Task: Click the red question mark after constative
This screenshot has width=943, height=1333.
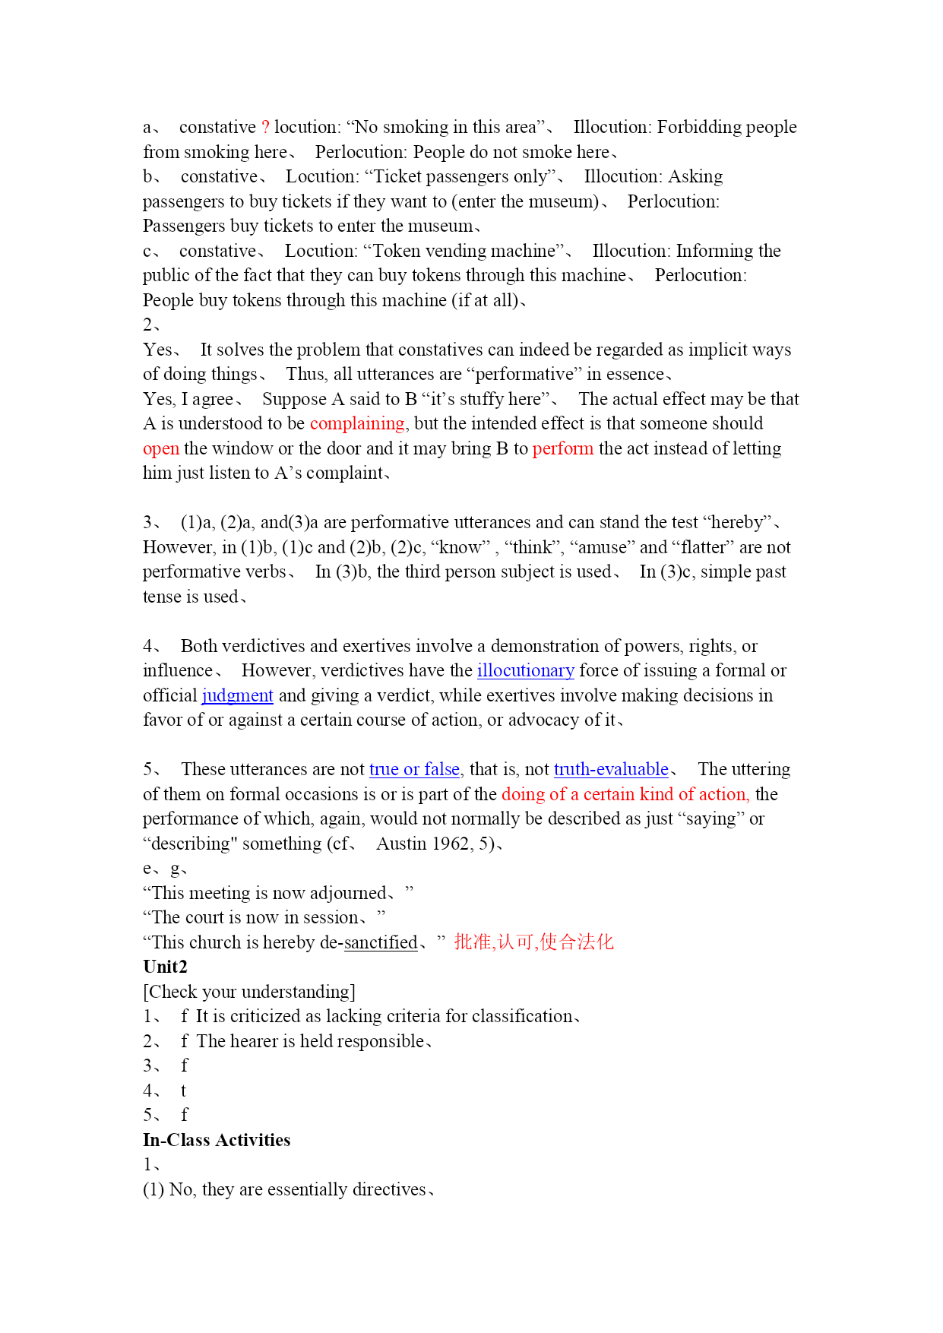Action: coord(265,127)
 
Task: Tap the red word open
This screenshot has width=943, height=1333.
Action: coord(161,448)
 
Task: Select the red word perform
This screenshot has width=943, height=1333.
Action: coord(562,448)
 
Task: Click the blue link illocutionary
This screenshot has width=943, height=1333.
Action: coord(525,670)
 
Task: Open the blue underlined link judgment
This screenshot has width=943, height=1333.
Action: coord(237,695)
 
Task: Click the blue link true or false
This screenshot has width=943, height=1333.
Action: coord(414,769)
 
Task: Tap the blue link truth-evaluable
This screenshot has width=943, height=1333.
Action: coord(611,769)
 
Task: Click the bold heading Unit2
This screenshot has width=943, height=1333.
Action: coord(165,967)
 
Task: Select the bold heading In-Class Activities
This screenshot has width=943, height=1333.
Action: coord(217,1140)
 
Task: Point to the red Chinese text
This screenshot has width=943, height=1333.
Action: coord(533,942)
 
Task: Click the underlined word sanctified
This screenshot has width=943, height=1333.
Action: coord(381,942)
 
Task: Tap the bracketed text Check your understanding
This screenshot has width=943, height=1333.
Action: coord(249,992)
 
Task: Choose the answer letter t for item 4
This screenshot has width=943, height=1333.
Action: coord(183,1091)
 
